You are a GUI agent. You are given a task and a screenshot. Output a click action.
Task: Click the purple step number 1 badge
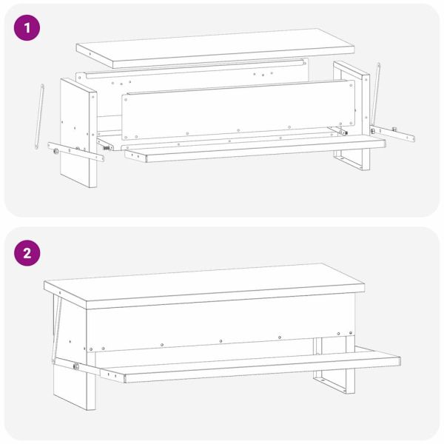coord(27,28)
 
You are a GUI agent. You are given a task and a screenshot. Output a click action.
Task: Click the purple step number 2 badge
coord(27,253)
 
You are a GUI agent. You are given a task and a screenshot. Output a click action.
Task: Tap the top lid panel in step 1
coord(215,48)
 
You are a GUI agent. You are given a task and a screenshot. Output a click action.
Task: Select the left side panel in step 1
coord(78,133)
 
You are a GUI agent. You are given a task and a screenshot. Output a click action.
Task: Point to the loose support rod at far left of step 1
coord(40,116)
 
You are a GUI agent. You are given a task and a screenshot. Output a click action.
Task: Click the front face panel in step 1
coord(238,110)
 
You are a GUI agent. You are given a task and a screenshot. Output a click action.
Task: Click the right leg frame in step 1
coord(352,115)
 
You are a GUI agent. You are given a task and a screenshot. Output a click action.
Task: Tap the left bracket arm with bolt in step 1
coord(75,152)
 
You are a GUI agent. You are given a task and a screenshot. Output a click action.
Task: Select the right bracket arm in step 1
coord(392,133)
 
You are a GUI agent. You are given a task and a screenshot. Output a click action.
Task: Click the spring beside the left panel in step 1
coord(106,147)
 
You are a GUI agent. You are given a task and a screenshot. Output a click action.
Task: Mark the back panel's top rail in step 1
coord(195,67)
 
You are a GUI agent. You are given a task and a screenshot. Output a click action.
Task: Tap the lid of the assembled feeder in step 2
coord(204,286)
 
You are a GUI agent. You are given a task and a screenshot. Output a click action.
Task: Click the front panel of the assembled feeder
coord(221,323)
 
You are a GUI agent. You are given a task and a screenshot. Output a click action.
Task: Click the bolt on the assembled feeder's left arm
coord(76,366)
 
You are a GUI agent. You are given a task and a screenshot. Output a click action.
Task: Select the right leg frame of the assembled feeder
coord(334,366)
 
